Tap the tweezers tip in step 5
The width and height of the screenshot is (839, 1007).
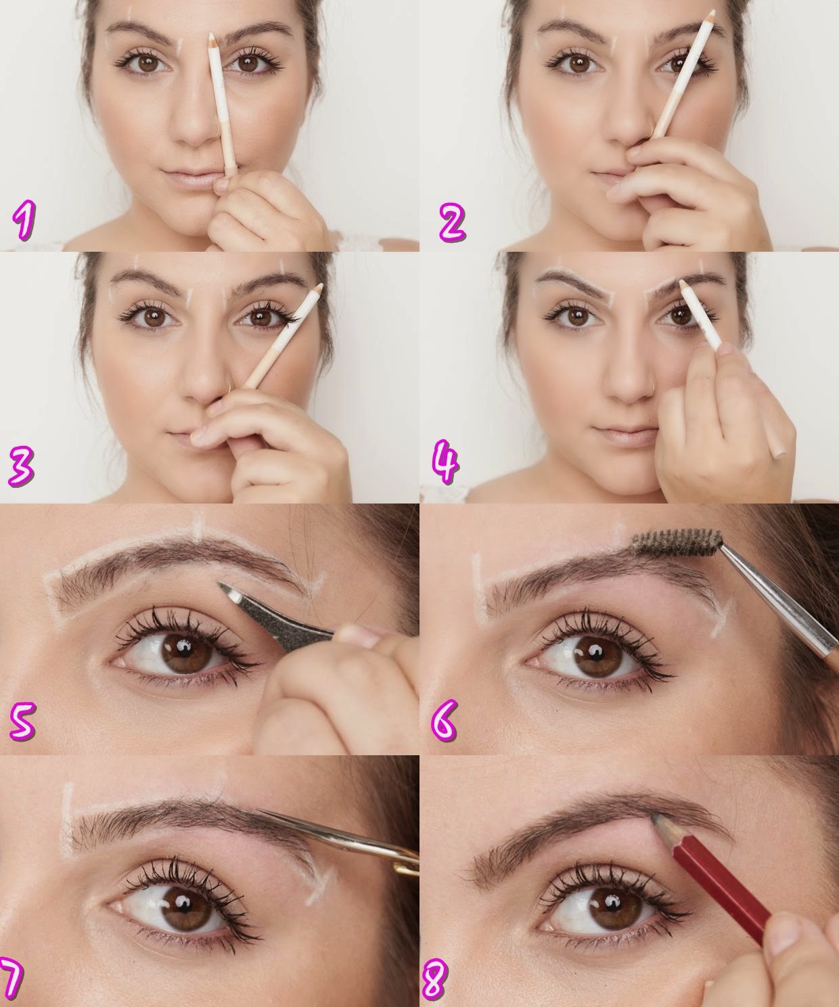227,587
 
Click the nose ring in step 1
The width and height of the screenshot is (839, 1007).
216,131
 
